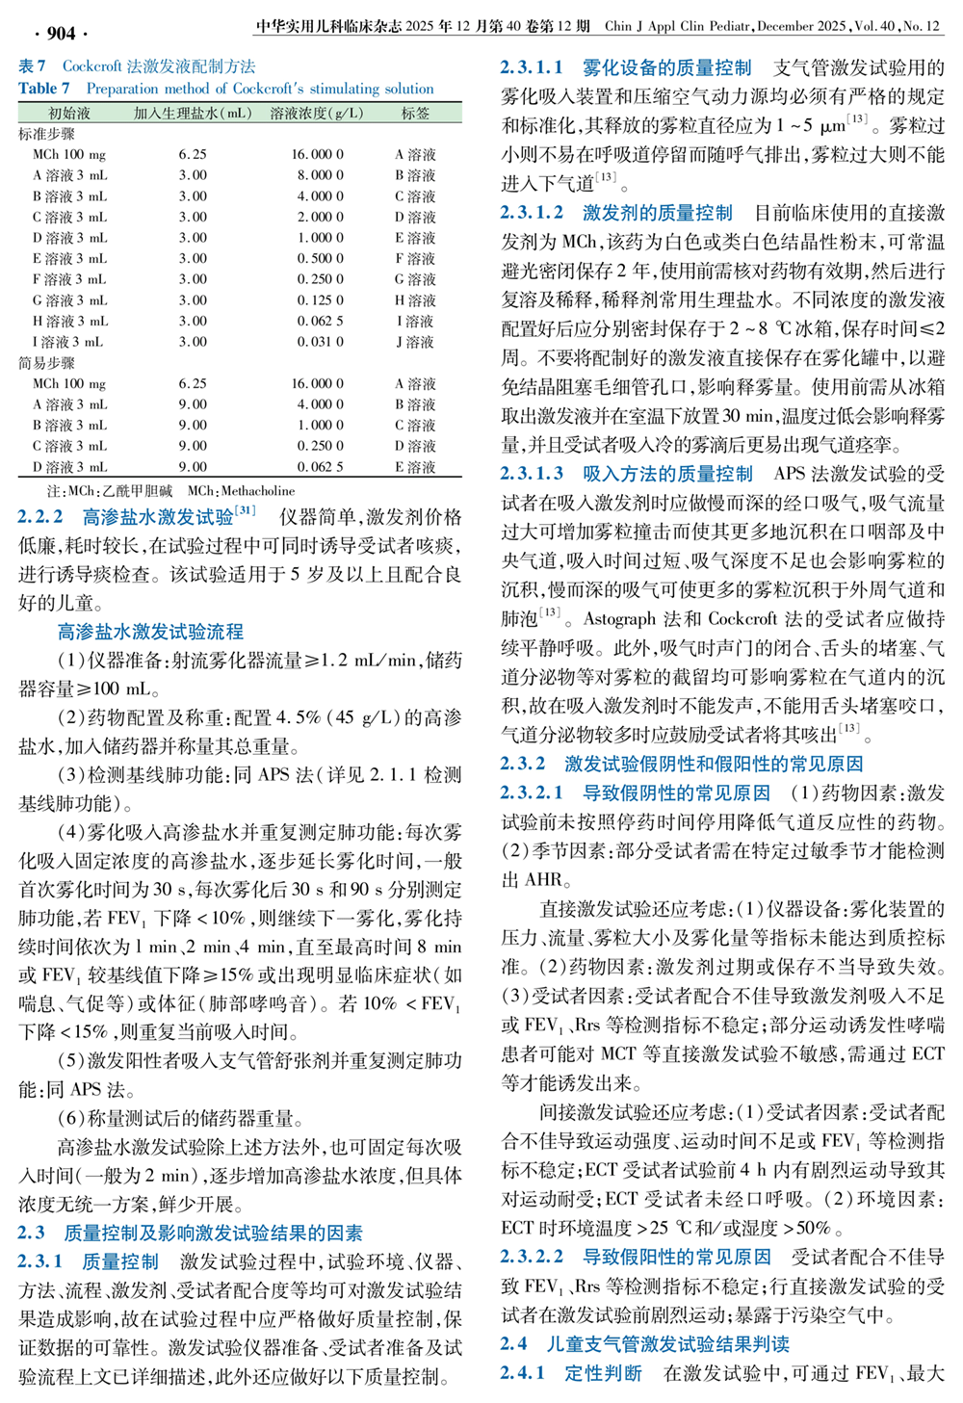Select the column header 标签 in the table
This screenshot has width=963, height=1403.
[x=416, y=114]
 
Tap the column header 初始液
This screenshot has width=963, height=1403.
[x=69, y=114]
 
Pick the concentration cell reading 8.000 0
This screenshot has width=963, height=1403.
[x=318, y=175]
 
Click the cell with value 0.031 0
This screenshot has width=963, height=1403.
[x=318, y=342]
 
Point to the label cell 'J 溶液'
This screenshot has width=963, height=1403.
[x=415, y=342]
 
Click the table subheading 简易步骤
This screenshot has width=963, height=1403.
[x=46, y=363]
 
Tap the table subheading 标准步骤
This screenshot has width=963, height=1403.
[x=46, y=134]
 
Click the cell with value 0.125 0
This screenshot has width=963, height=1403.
[x=318, y=300]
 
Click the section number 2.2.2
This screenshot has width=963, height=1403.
[x=40, y=517]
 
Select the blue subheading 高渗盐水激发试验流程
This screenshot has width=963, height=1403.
[x=150, y=632]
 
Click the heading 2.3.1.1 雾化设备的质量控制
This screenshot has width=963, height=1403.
[x=626, y=68]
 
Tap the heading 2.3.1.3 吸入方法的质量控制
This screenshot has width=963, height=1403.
[x=626, y=474]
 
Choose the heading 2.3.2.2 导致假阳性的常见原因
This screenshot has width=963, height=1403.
[x=635, y=1257]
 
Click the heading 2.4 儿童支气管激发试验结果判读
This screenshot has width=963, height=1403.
[x=644, y=1343]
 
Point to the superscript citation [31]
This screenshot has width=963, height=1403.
[x=246, y=510]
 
